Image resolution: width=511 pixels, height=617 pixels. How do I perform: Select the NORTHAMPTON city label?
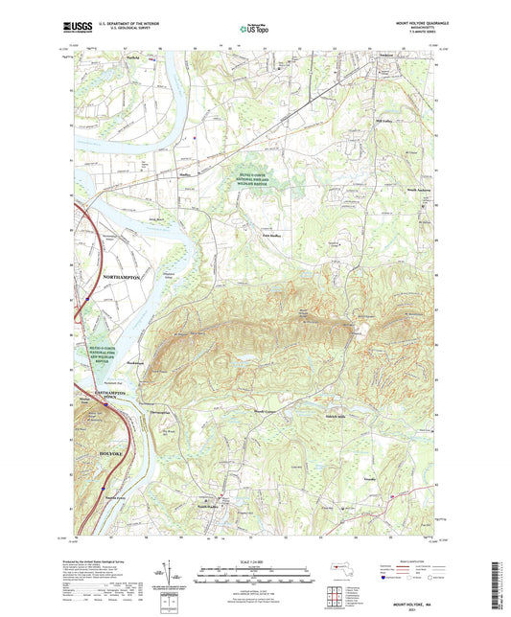pyautogui.click(x=120, y=276)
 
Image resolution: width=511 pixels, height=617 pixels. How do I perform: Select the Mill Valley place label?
pyautogui.click(x=384, y=121)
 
